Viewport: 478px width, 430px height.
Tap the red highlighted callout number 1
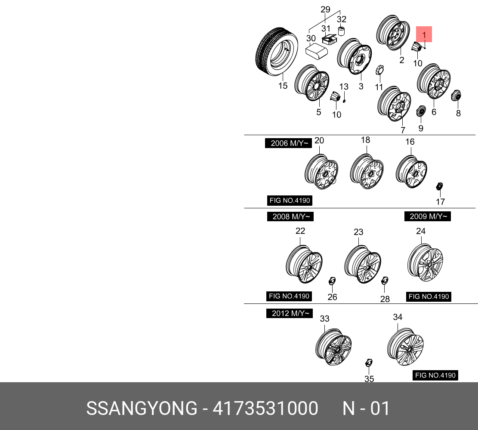(x=424, y=34)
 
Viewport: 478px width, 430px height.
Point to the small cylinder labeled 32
(x=342, y=31)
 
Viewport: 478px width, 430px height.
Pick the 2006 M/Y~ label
(x=288, y=143)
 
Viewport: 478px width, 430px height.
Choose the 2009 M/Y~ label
(x=427, y=216)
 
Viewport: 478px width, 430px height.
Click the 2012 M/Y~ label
(x=290, y=313)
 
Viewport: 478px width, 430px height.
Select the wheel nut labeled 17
(x=439, y=187)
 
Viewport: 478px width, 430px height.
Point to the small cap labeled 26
(x=332, y=281)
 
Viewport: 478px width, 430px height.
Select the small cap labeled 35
(x=368, y=362)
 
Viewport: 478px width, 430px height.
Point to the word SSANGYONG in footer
(x=141, y=408)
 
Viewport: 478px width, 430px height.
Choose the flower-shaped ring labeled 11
(x=379, y=69)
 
